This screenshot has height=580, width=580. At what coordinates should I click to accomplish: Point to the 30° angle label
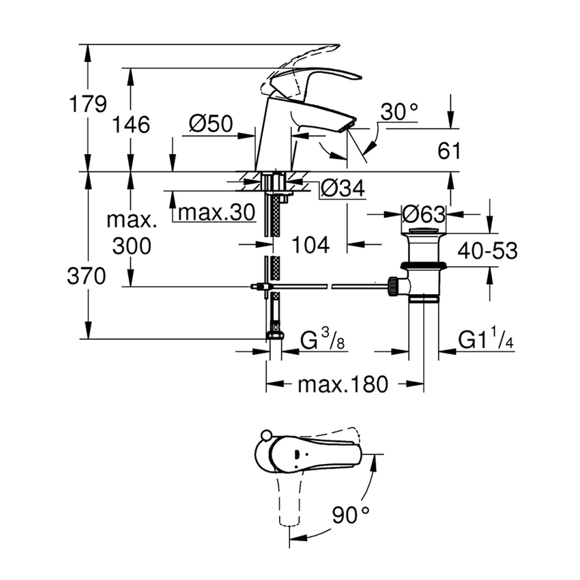[x=398, y=113]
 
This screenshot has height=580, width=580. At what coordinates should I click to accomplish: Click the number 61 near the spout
[x=448, y=151]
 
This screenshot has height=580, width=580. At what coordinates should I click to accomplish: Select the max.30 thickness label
[x=216, y=213]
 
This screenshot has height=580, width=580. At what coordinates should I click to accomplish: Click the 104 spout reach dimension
[x=310, y=244]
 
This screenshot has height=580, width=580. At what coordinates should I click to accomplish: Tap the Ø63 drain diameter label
[x=423, y=214]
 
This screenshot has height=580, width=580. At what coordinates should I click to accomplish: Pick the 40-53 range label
[x=487, y=250]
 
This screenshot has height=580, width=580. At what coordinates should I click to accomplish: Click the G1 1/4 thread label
[x=485, y=339]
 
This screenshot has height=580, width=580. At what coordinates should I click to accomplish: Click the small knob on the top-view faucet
[x=267, y=437]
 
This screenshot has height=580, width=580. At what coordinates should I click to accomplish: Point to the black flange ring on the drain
[x=424, y=265]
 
